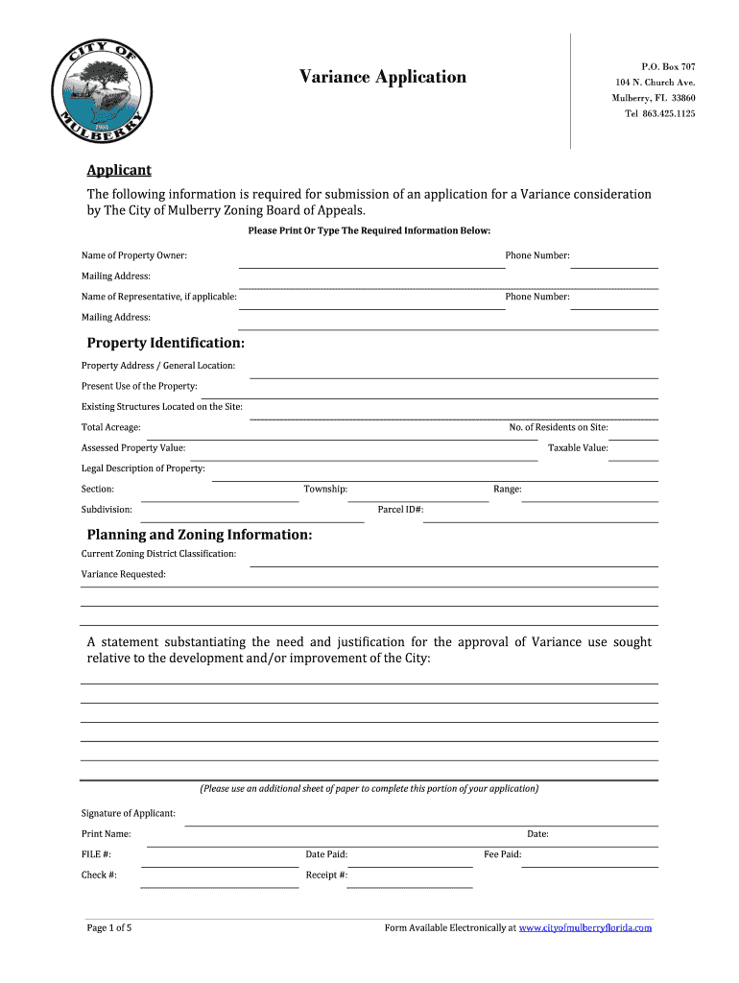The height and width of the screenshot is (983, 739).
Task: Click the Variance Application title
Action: click(x=382, y=77)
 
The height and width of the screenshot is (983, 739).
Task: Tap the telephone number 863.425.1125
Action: click(x=660, y=114)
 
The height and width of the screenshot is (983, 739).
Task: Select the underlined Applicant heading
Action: click(x=119, y=170)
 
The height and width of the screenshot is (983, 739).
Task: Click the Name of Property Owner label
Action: click(x=134, y=255)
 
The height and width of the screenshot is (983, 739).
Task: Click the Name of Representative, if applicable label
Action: click(x=159, y=297)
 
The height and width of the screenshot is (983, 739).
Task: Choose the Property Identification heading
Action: click(x=165, y=343)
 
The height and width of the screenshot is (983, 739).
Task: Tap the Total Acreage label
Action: click(x=111, y=427)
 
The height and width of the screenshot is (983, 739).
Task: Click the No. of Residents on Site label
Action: click(x=559, y=427)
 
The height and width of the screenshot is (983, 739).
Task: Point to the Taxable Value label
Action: click(x=578, y=448)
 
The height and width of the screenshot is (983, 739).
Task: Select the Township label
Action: click(x=325, y=490)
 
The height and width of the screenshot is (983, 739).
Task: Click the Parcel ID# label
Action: click(x=401, y=510)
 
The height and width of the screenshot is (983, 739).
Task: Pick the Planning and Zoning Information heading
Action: click(x=200, y=535)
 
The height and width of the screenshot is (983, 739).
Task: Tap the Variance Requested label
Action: click(x=124, y=574)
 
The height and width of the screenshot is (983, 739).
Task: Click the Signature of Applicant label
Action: click(x=129, y=814)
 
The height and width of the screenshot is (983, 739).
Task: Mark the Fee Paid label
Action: click(x=503, y=854)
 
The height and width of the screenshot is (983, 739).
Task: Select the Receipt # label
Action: click(x=326, y=875)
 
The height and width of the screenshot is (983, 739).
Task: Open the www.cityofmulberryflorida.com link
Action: click(x=585, y=928)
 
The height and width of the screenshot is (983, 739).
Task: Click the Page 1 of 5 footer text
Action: click(x=109, y=928)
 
